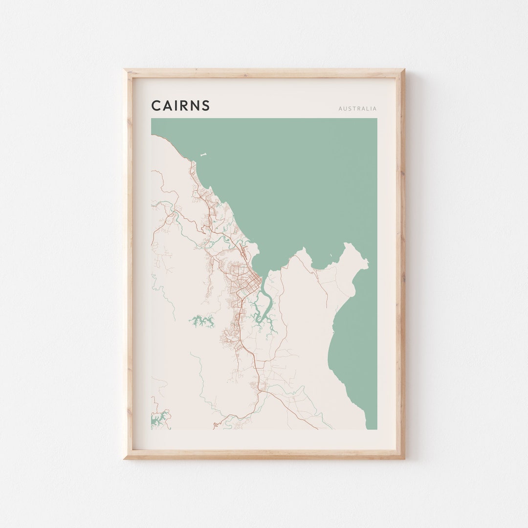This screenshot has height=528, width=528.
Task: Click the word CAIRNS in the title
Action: pos(180,106)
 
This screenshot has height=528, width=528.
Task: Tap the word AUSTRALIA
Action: pos(357,109)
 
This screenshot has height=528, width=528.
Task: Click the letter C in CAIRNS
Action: pos(156,106)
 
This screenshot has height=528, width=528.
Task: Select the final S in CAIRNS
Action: pos(206,106)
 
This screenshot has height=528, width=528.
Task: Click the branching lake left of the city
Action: pos(202,321)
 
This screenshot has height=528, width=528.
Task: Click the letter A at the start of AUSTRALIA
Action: pos(340,109)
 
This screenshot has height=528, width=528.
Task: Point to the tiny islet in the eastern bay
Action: pos(331,255)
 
